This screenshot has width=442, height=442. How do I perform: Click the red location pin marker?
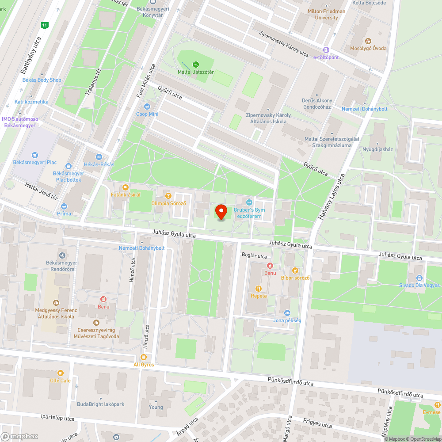221,212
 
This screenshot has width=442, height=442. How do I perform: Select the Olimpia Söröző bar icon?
167,195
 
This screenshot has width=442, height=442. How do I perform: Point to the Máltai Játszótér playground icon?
196,65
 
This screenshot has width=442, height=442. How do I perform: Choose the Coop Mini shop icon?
147,107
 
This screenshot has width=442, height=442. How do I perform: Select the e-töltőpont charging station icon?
326,50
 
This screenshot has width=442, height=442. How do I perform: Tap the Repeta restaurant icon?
259,289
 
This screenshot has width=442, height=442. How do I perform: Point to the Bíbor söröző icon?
295,271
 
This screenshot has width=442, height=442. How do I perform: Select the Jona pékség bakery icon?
287,313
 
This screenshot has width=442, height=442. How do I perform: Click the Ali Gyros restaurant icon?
143,357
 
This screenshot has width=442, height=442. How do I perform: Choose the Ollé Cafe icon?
60,373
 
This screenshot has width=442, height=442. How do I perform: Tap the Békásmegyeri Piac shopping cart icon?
34,155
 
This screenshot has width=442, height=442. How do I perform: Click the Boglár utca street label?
254,256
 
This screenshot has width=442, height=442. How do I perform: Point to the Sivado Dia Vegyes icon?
419,278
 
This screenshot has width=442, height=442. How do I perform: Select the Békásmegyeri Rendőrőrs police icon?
62,255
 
